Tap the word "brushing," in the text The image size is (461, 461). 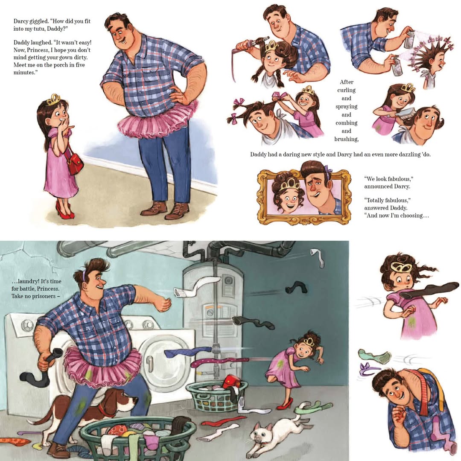pos(346,139)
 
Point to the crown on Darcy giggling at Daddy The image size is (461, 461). pos(53,100)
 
